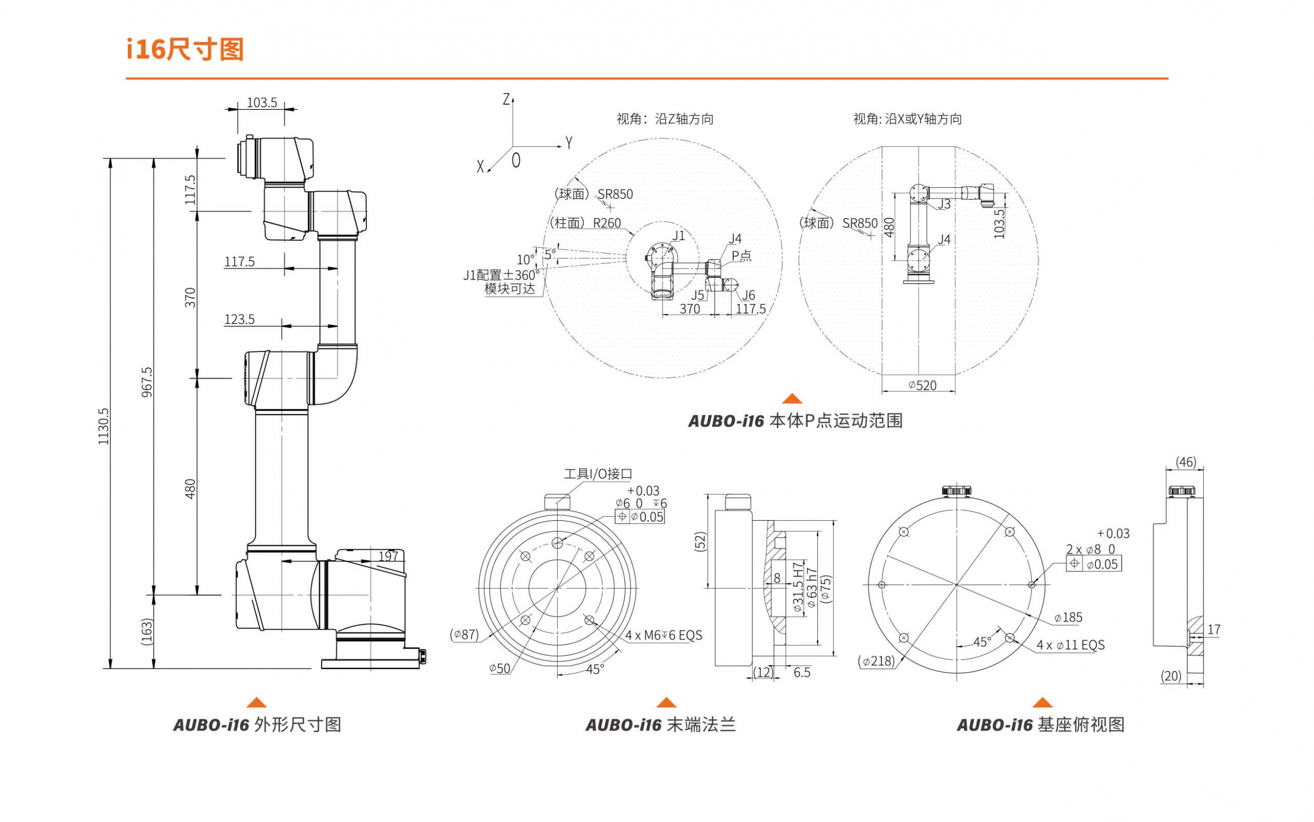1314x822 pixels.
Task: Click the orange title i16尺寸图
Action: [x=185, y=50]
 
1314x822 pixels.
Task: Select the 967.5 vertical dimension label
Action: [x=147, y=382]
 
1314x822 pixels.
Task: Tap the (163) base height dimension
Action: [x=147, y=631]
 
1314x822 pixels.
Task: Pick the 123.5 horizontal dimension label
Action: [x=239, y=319]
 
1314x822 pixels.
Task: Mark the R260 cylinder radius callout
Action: [x=607, y=223]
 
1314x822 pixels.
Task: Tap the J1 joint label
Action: [x=678, y=235]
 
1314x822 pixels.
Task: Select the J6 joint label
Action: [x=748, y=295]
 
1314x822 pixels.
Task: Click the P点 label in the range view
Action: [x=741, y=255]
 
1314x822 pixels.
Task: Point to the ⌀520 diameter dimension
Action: [x=922, y=385]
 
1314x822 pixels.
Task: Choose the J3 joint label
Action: [x=944, y=204]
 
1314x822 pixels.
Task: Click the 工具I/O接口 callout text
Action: [x=598, y=474]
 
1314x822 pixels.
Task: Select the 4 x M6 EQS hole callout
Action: [x=663, y=635]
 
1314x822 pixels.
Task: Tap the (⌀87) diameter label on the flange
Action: [x=464, y=634]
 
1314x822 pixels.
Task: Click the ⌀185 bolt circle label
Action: [x=1067, y=618]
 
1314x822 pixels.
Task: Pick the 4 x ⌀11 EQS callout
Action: [x=1070, y=645]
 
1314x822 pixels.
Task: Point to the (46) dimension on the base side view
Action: [x=1186, y=462]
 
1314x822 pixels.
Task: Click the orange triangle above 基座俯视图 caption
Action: [x=1042, y=702]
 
